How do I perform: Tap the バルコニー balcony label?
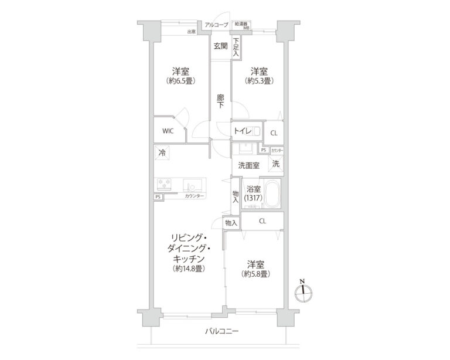click(x=221, y=331)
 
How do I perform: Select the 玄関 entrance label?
click(x=220, y=46)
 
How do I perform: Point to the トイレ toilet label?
click(x=241, y=131)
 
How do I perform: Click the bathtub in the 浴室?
click(x=271, y=194)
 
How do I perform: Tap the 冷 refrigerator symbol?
click(x=161, y=153)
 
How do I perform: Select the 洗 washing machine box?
click(x=275, y=164)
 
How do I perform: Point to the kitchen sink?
click(x=191, y=185)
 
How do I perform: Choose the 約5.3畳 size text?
click(x=258, y=81)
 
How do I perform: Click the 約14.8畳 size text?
click(x=188, y=269)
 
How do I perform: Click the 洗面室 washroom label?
click(x=248, y=166)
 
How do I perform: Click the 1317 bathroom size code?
click(x=254, y=198)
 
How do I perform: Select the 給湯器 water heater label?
click(x=241, y=23)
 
